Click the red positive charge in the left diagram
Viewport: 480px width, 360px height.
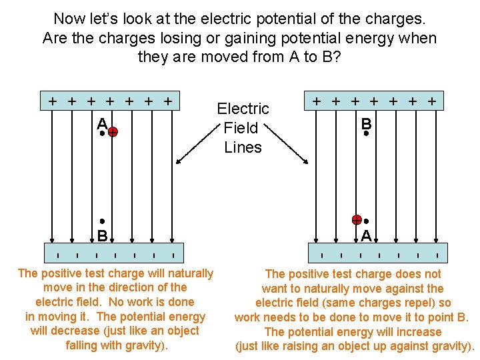click(x=113, y=133)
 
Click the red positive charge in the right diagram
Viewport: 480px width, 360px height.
click(x=357, y=220)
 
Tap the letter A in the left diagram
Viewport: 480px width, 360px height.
click(x=101, y=123)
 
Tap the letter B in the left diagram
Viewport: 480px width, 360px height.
click(x=102, y=235)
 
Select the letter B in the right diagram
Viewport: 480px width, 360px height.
click(x=366, y=123)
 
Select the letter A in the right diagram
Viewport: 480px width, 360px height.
click(x=366, y=235)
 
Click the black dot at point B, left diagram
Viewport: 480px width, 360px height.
click(x=102, y=221)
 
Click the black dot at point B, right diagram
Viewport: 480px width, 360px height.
click(x=366, y=133)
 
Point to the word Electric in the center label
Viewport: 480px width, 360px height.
click(x=243, y=109)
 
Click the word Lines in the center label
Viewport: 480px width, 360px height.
click(x=243, y=147)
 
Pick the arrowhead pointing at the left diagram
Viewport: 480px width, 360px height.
click(x=179, y=161)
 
